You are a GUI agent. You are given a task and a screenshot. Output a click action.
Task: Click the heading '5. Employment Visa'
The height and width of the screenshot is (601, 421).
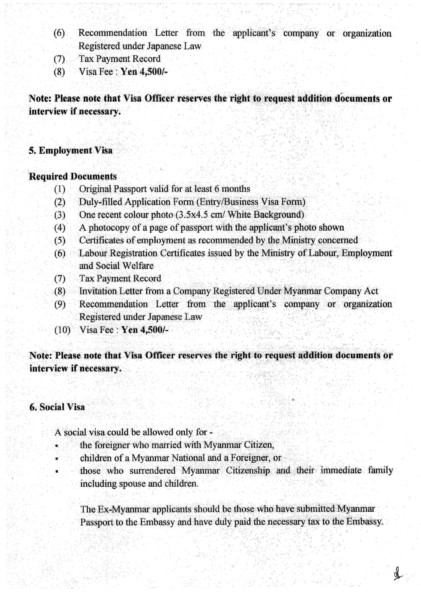(x=71, y=151)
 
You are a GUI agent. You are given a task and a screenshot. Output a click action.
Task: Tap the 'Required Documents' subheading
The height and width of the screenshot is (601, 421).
(x=73, y=176)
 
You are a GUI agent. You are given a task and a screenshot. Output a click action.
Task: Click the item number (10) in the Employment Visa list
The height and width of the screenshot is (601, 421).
(x=62, y=330)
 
